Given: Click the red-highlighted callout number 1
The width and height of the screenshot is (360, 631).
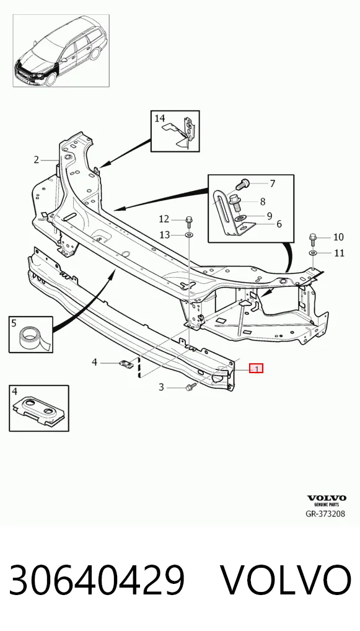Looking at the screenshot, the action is click(x=257, y=368).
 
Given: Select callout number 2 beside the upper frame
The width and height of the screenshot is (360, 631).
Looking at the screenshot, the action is click(x=37, y=160).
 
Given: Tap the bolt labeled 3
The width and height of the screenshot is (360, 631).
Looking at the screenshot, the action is click(x=190, y=387).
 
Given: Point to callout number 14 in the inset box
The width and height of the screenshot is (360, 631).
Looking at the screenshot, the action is click(x=160, y=118).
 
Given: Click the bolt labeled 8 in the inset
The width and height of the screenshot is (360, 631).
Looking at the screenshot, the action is click(x=236, y=203).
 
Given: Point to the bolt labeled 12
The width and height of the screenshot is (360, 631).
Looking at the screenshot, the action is click(x=189, y=221).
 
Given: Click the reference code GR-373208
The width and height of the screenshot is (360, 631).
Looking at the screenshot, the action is click(x=325, y=514).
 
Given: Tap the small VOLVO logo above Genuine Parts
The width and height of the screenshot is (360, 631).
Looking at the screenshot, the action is click(x=327, y=498).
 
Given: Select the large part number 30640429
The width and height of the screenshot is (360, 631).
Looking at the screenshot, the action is click(x=97, y=580).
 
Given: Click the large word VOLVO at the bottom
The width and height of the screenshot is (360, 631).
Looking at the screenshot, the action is click(x=287, y=580).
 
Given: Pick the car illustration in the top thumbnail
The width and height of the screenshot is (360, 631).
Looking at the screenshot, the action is click(x=61, y=51).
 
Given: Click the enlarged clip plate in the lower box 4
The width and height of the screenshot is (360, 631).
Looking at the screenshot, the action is click(x=38, y=412).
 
